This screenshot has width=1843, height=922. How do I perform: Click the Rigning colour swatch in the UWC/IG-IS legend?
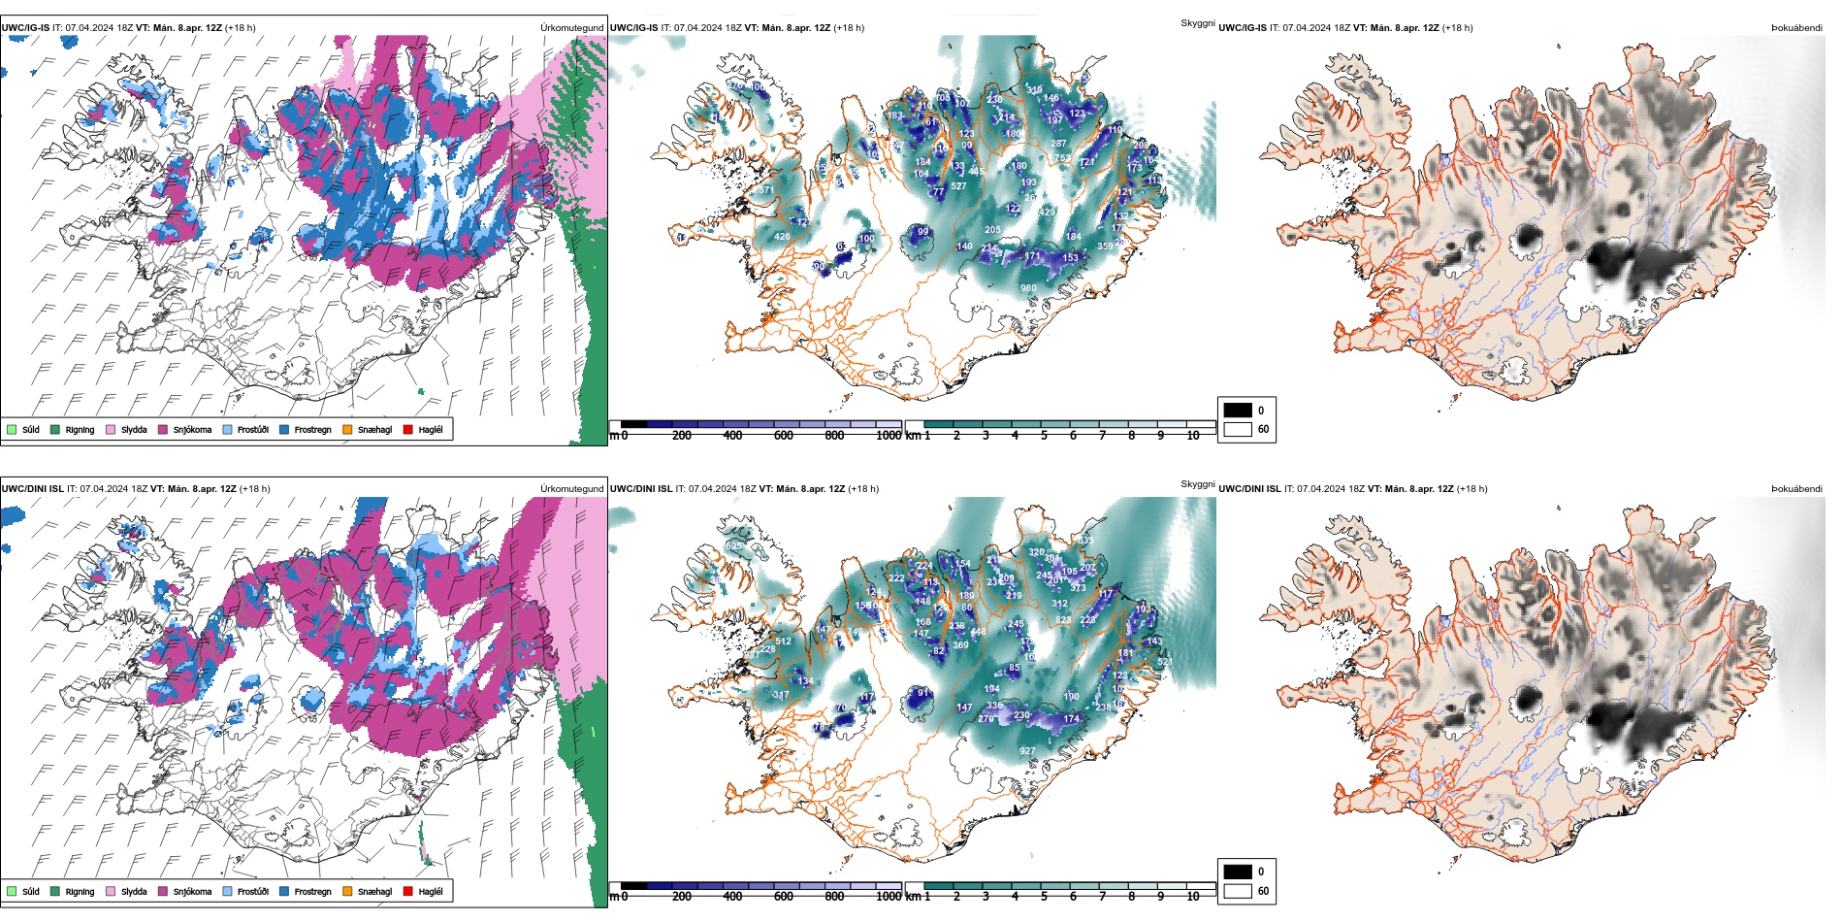56,429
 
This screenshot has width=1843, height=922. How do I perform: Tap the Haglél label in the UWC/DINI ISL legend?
431,891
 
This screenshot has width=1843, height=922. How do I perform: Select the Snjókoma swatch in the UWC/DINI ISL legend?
163,891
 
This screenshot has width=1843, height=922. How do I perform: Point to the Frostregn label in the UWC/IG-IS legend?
312,429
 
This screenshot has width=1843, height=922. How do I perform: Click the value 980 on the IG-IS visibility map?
1028,288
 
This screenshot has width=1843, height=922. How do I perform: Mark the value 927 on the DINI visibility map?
1027,751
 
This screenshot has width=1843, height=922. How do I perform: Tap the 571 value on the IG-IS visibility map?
766,190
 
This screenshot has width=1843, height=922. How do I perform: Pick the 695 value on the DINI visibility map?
733,546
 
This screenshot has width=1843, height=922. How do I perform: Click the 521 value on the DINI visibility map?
1165,663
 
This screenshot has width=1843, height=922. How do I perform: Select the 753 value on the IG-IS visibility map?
1062,157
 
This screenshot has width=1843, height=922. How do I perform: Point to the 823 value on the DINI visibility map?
1063,620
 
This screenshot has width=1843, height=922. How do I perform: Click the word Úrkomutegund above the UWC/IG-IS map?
571,28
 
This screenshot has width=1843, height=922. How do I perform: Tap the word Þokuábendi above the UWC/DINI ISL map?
1796,489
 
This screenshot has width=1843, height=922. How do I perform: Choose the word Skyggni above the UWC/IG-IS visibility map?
1197,22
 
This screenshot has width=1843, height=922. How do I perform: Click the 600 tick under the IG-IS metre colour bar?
783,436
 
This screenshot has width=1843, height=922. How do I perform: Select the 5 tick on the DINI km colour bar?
1044,897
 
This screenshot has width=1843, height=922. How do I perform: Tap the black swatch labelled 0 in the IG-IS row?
1238,411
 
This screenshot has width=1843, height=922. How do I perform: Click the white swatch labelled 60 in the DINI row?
1238,890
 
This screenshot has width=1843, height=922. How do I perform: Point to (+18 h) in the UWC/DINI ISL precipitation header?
255,489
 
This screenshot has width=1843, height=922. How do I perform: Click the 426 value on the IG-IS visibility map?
782,236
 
